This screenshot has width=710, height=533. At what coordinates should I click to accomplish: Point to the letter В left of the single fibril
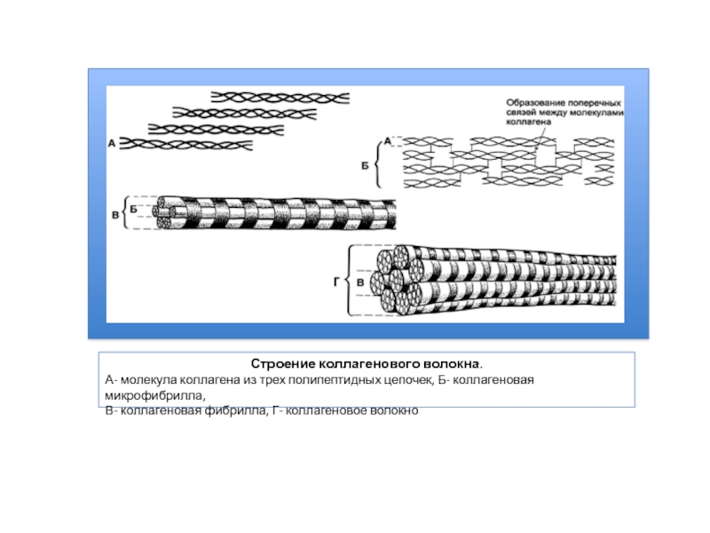(x=114, y=214)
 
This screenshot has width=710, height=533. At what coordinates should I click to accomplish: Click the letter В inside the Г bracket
(x=360, y=282)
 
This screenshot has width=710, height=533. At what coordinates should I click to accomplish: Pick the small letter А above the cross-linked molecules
(x=388, y=140)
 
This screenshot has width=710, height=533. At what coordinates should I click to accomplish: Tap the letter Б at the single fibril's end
(x=133, y=208)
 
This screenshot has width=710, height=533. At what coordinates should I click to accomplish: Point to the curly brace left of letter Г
(x=347, y=282)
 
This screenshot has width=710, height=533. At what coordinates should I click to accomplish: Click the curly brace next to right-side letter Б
(x=379, y=165)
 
